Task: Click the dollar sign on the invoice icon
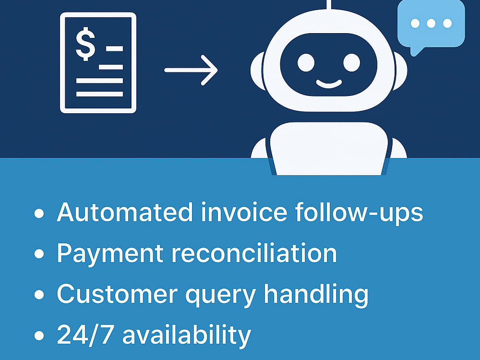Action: click(x=85, y=44)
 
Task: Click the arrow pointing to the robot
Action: click(x=191, y=70)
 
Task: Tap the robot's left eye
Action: click(x=306, y=63)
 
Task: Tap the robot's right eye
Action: click(x=351, y=63)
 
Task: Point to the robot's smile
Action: click(x=329, y=84)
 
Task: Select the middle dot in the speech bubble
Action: click(x=431, y=23)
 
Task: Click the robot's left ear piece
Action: click(x=257, y=71)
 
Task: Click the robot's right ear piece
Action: click(x=400, y=71)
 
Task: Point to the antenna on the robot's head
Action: click(x=329, y=5)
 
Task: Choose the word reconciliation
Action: click(x=254, y=253)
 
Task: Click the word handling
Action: click(x=316, y=295)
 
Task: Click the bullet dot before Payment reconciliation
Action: click(x=39, y=254)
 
